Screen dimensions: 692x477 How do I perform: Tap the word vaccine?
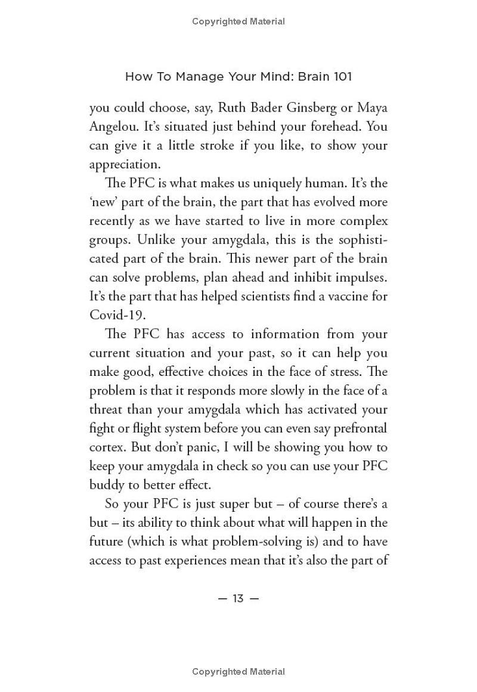tap(338, 296)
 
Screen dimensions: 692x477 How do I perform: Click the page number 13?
tap(238, 598)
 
